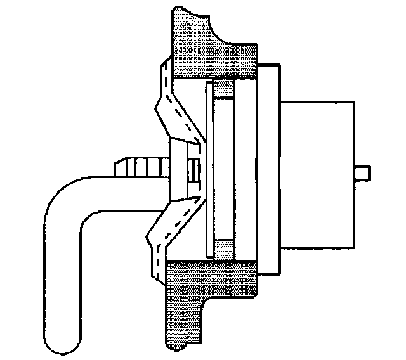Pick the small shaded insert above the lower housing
[x=224, y=250]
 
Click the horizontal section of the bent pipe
[x=127, y=185]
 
